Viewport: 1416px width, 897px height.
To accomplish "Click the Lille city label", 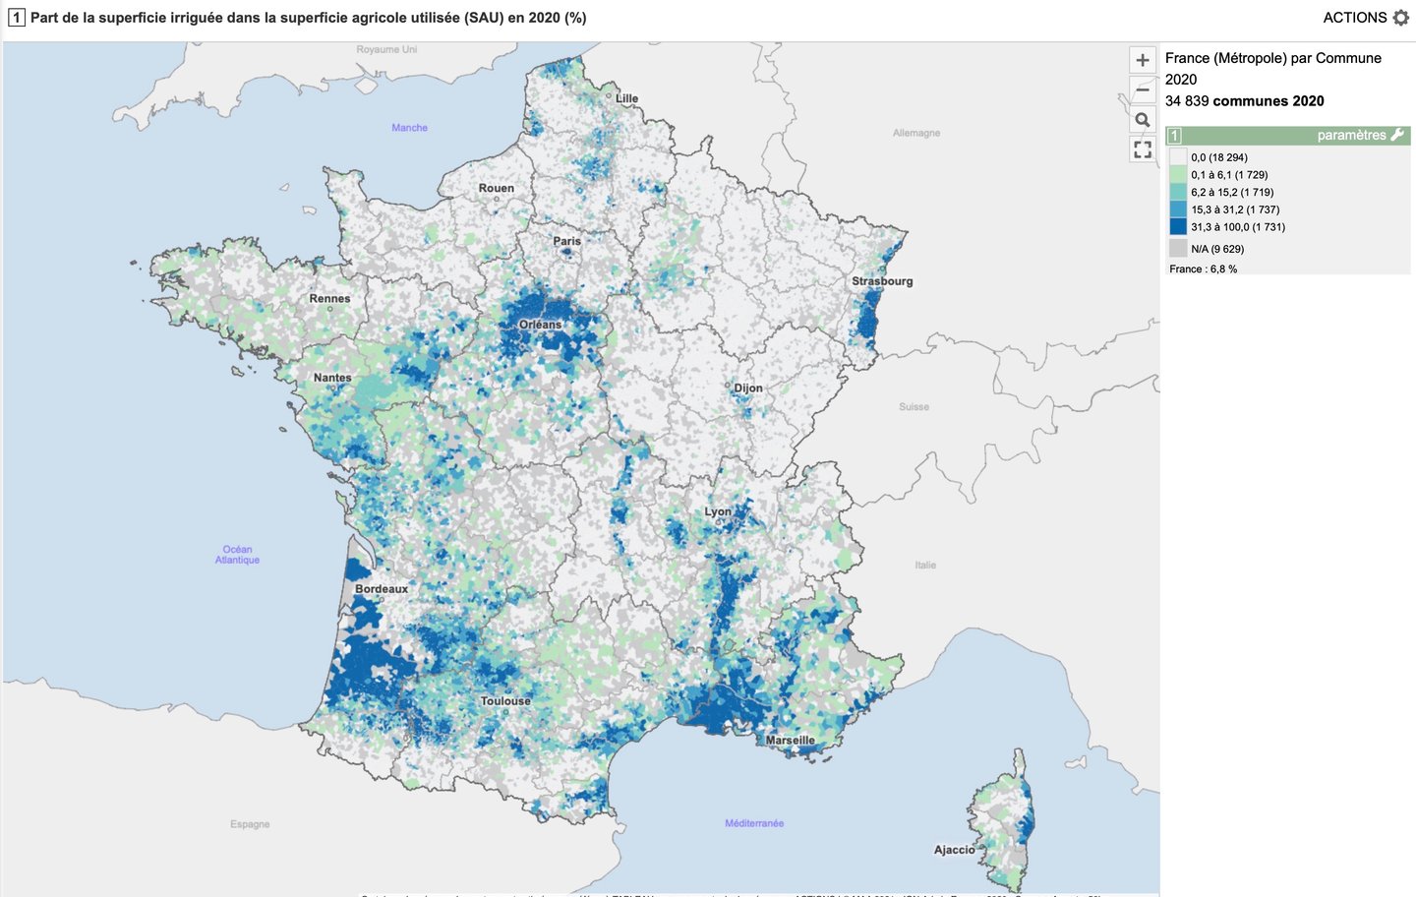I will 626,98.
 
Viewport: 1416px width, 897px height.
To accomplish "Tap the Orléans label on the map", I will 540,325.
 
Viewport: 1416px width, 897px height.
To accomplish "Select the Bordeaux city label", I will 382,589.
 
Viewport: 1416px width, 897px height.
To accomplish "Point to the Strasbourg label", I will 882,281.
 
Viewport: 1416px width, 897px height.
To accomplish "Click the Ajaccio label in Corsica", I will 954,850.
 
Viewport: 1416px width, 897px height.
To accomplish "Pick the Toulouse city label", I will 505,701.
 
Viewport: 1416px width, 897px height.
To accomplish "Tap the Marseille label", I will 790,741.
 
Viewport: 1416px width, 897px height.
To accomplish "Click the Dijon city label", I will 747,389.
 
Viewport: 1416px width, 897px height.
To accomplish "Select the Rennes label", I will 329,299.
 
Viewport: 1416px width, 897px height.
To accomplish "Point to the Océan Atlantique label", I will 237,555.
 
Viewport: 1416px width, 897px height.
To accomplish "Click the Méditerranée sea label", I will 754,823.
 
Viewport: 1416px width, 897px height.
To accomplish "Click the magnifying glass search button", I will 1142,120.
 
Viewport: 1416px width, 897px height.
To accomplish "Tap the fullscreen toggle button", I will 1142,149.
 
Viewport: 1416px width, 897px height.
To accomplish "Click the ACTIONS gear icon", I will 1401,18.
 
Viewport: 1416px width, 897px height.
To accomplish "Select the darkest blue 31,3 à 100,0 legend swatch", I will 1177,227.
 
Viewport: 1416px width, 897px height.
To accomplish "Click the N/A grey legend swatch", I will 1177,249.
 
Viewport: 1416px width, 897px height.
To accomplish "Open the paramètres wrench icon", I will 1397,135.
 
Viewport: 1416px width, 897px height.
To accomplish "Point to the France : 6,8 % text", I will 1203,269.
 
